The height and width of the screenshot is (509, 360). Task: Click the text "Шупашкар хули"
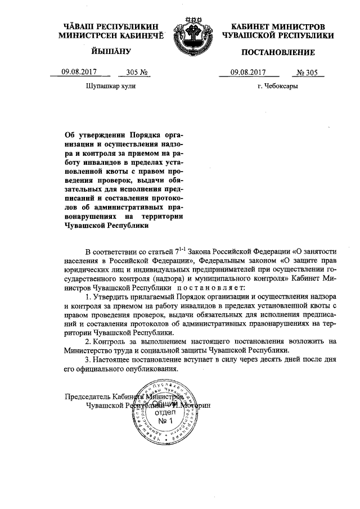pos(110,87)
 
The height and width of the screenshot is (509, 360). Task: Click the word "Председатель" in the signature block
pos(87,395)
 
